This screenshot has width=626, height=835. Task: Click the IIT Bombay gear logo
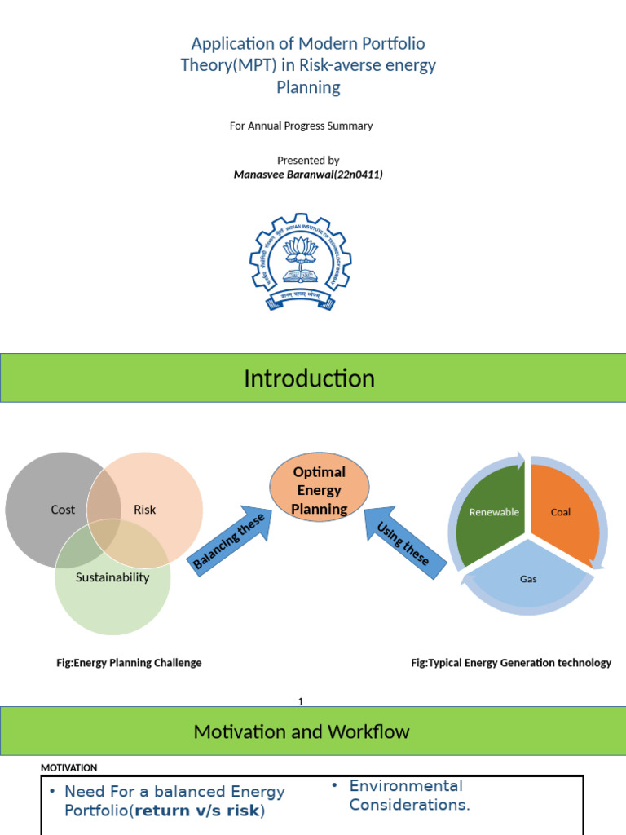tap(301, 262)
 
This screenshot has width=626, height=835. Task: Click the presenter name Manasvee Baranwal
tap(308, 175)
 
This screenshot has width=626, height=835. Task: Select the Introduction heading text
tap(309, 378)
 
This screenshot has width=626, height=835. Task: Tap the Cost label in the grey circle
tap(63, 510)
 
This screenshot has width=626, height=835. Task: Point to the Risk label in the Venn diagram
tap(144, 510)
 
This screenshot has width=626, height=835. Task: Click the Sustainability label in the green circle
tap(112, 577)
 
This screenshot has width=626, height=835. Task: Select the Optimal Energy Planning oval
tap(320, 490)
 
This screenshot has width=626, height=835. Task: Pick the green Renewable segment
tap(494, 512)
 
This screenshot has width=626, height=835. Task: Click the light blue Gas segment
tap(528, 579)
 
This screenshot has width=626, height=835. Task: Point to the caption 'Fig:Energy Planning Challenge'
tap(129, 663)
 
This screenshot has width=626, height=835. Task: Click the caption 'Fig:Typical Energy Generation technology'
tap(510, 663)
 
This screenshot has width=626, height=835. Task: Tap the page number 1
tap(301, 701)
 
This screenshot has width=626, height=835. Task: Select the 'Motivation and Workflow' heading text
tap(302, 731)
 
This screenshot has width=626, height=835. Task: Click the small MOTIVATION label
tap(69, 767)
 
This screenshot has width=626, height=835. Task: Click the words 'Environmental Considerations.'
tap(409, 795)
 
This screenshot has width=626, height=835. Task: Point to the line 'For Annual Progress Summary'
tap(302, 126)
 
